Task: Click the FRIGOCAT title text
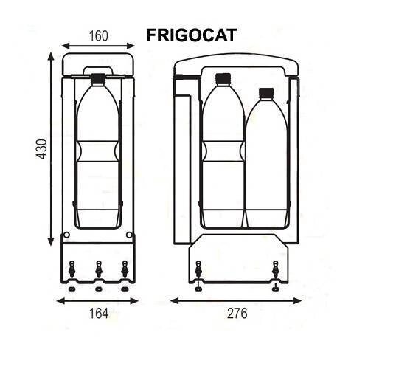pyautogui.click(x=191, y=35)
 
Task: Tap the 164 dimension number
pyautogui.click(x=97, y=313)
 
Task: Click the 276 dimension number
pyautogui.click(x=236, y=313)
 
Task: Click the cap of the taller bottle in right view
pyautogui.click(x=223, y=78)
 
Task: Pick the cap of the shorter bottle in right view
pyautogui.click(x=266, y=93)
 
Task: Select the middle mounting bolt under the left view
pyautogui.click(x=98, y=270)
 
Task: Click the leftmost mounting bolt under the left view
pyautogui.click(x=72, y=270)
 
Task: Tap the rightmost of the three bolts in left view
pyautogui.click(x=124, y=270)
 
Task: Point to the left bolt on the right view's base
pyautogui.click(x=198, y=271)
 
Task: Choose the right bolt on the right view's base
pyautogui.click(x=275, y=271)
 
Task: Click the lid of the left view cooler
pyautogui.click(x=98, y=64)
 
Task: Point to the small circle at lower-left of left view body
pyautogui.click(x=67, y=235)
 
